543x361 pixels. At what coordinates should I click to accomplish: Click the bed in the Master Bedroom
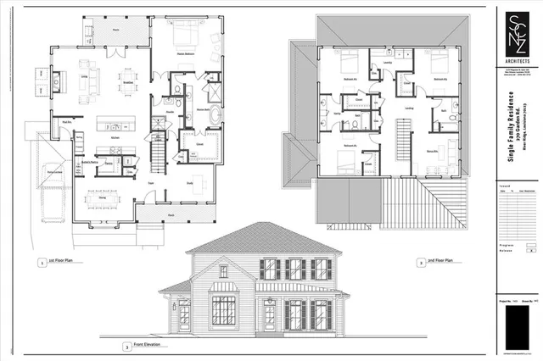[x=187, y=38]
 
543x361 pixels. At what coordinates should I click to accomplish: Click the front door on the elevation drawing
[x=270, y=315]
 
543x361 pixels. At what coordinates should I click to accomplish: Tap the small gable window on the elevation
[x=223, y=270]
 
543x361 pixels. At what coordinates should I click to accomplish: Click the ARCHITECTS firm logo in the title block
[x=517, y=39]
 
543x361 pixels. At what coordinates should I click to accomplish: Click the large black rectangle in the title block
[x=516, y=326]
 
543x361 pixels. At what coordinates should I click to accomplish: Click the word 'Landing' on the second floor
[x=410, y=108]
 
